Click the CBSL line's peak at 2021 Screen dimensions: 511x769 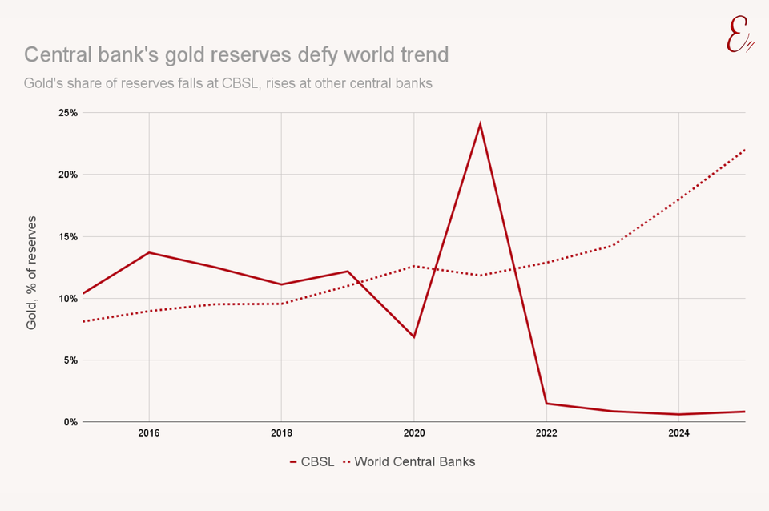(480, 123)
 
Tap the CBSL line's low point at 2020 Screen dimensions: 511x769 (413, 337)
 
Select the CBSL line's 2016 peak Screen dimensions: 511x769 (149, 252)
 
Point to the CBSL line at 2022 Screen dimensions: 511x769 (546, 404)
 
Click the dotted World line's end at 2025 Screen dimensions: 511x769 (745, 150)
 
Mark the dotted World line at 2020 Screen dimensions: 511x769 (413, 266)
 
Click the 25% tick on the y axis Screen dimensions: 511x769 (66, 113)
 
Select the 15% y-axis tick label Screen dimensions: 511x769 (66, 236)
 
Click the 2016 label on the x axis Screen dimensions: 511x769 (149, 433)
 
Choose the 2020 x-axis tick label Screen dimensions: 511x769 (413, 433)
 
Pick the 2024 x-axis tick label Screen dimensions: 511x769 (678, 433)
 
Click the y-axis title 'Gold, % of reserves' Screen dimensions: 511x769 (32, 272)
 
